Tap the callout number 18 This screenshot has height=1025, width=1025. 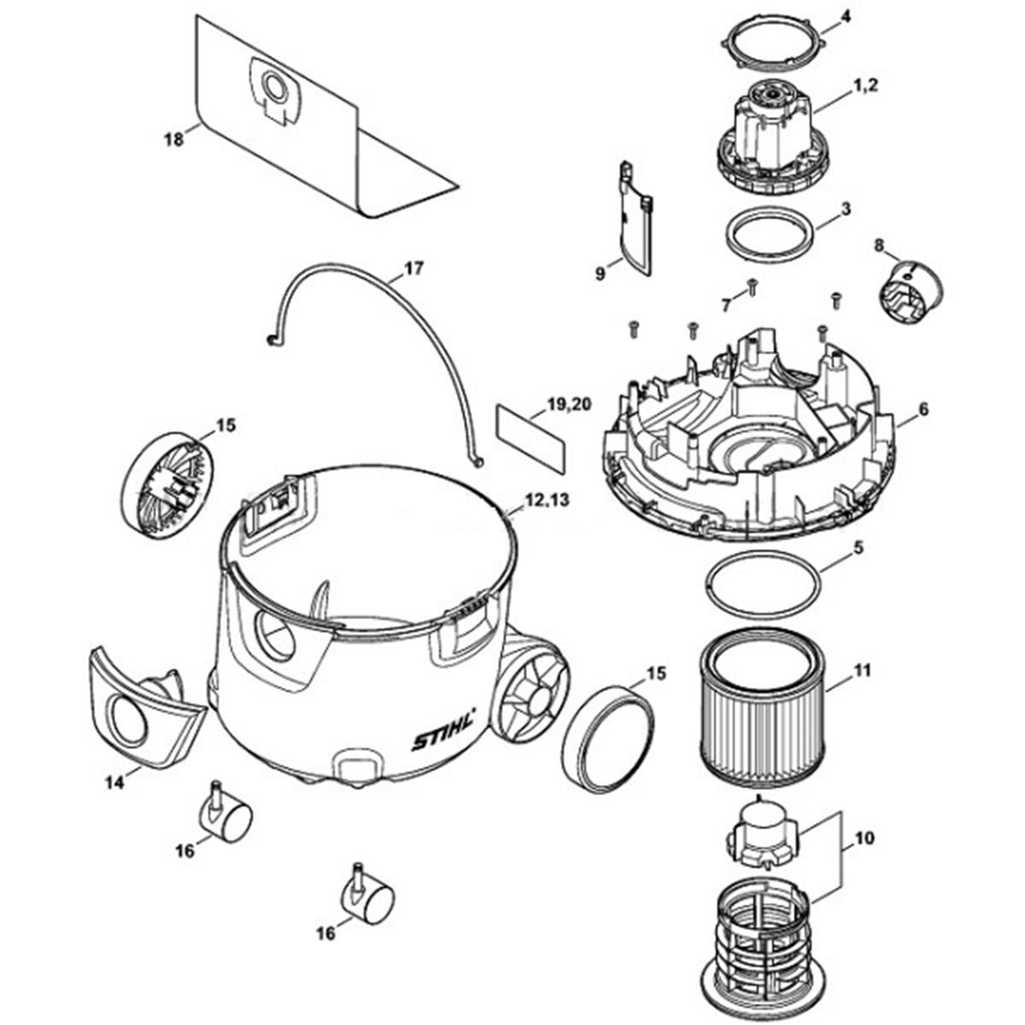point(173,140)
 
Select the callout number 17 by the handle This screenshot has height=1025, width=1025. point(413,268)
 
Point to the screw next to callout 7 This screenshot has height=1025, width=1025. point(753,287)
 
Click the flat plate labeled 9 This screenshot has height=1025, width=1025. point(637,220)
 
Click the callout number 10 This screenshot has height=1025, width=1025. point(865,839)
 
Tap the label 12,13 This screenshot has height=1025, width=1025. point(547,500)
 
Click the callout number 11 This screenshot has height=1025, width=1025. point(862,671)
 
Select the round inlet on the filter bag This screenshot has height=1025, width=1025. point(274,88)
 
